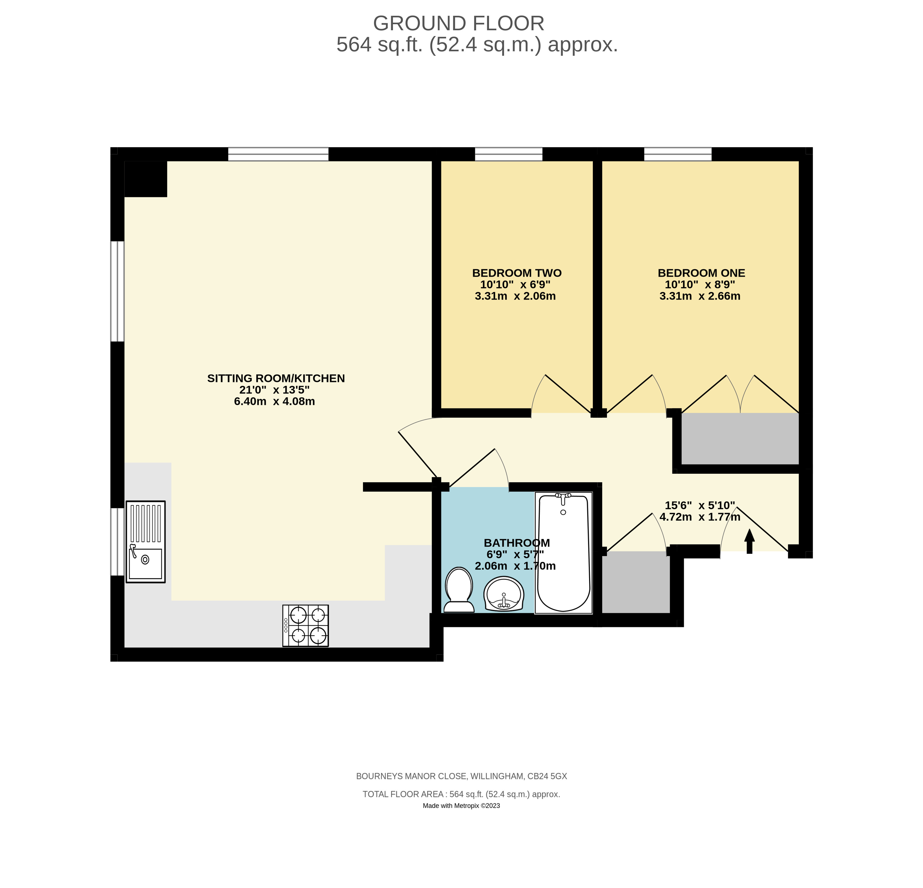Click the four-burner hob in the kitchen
[306, 625]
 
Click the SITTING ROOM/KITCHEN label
[276, 378]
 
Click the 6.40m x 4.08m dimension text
[275, 401]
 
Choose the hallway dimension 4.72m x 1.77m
[700, 517]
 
